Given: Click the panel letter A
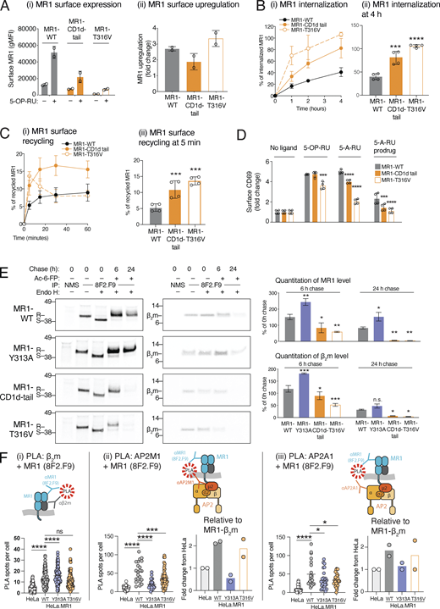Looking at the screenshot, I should coord(6,7).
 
